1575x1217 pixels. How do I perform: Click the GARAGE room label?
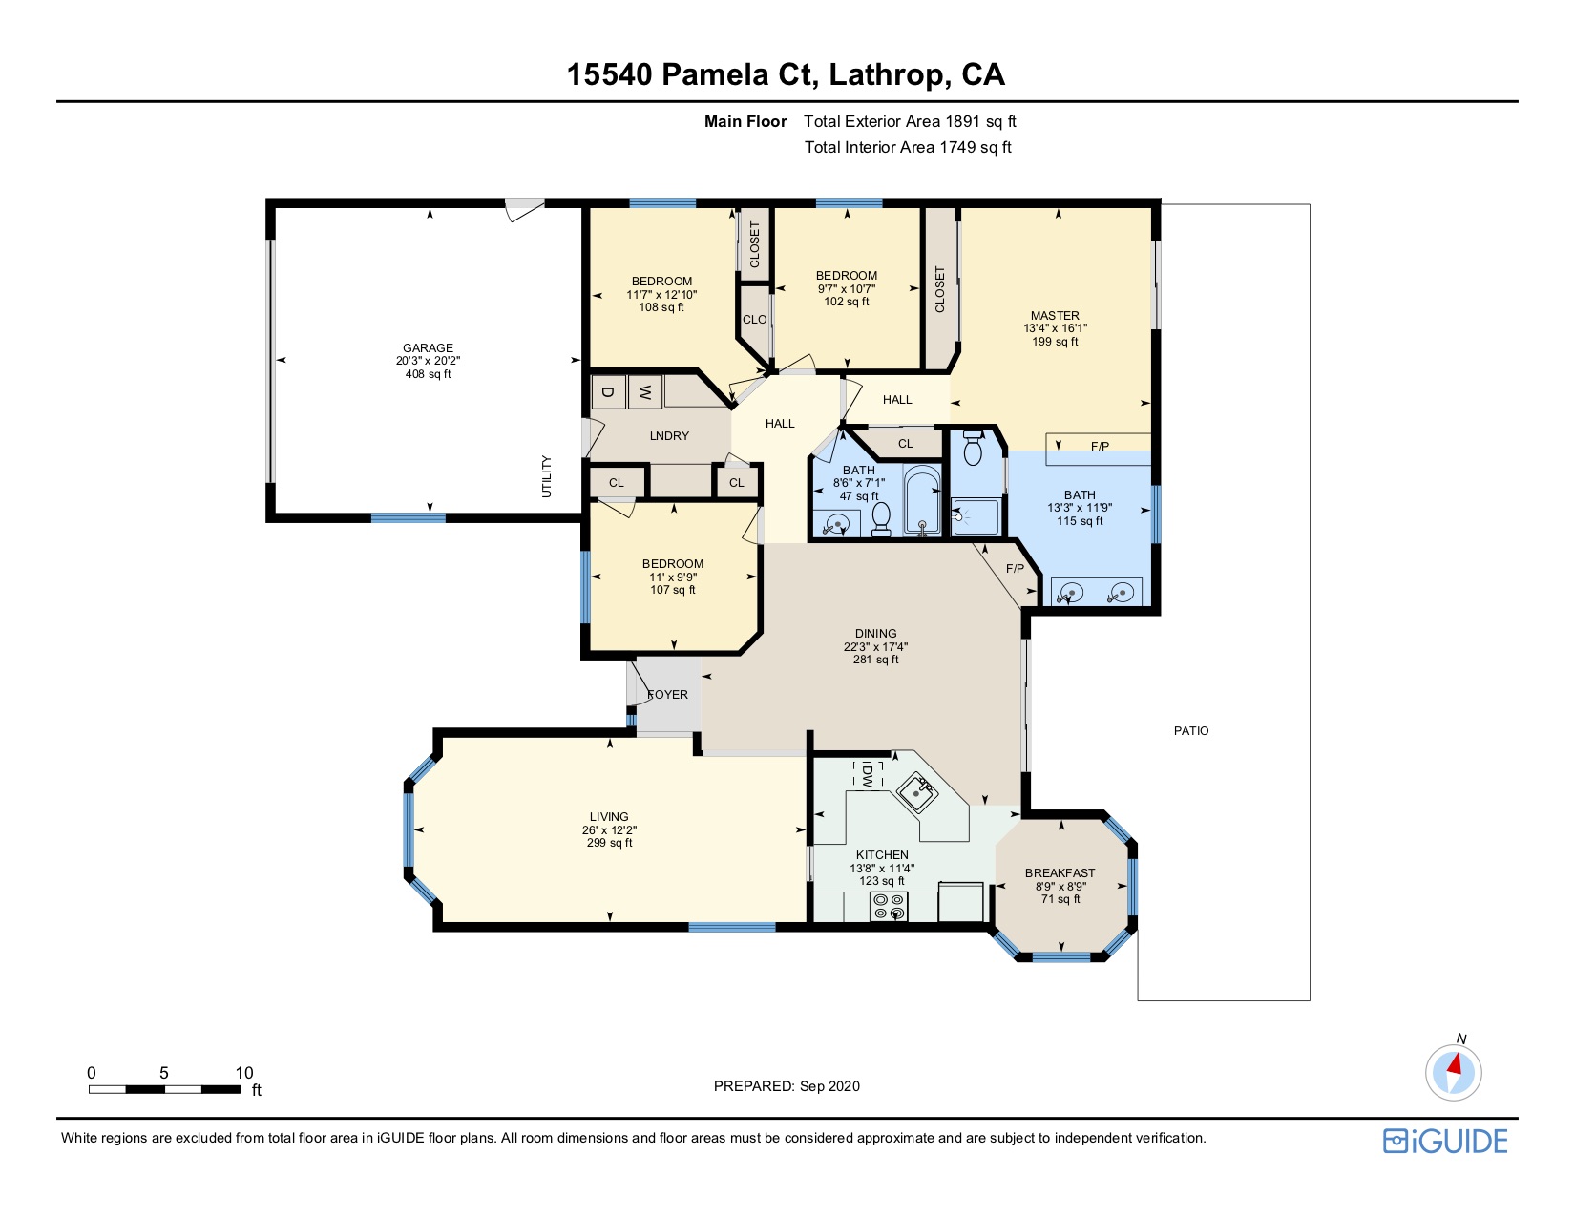(x=428, y=348)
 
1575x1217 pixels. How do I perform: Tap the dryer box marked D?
(x=608, y=392)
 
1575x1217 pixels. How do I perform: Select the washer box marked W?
(x=644, y=392)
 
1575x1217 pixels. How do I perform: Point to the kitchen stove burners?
(x=889, y=906)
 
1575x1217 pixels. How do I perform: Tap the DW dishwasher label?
(x=867, y=774)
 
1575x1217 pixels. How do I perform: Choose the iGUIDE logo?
(x=1445, y=1141)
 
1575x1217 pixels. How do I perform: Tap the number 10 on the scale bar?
(x=244, y=1073)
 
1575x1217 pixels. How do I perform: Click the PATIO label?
(x=1191, y=730)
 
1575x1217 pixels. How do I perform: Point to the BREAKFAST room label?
(x=1060, y=872)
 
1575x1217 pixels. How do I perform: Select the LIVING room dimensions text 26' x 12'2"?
(x=609, y=829)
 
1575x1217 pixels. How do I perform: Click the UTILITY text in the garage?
(x=547, y=476)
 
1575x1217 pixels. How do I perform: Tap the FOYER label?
(x=667, y=694)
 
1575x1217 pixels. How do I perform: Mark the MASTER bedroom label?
(x=1055, y=315)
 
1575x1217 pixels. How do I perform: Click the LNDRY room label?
(x=669, y=435)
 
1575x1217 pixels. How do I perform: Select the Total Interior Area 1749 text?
(x=908, y=147)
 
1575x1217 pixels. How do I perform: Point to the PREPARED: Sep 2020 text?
(x=787, y=1086)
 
